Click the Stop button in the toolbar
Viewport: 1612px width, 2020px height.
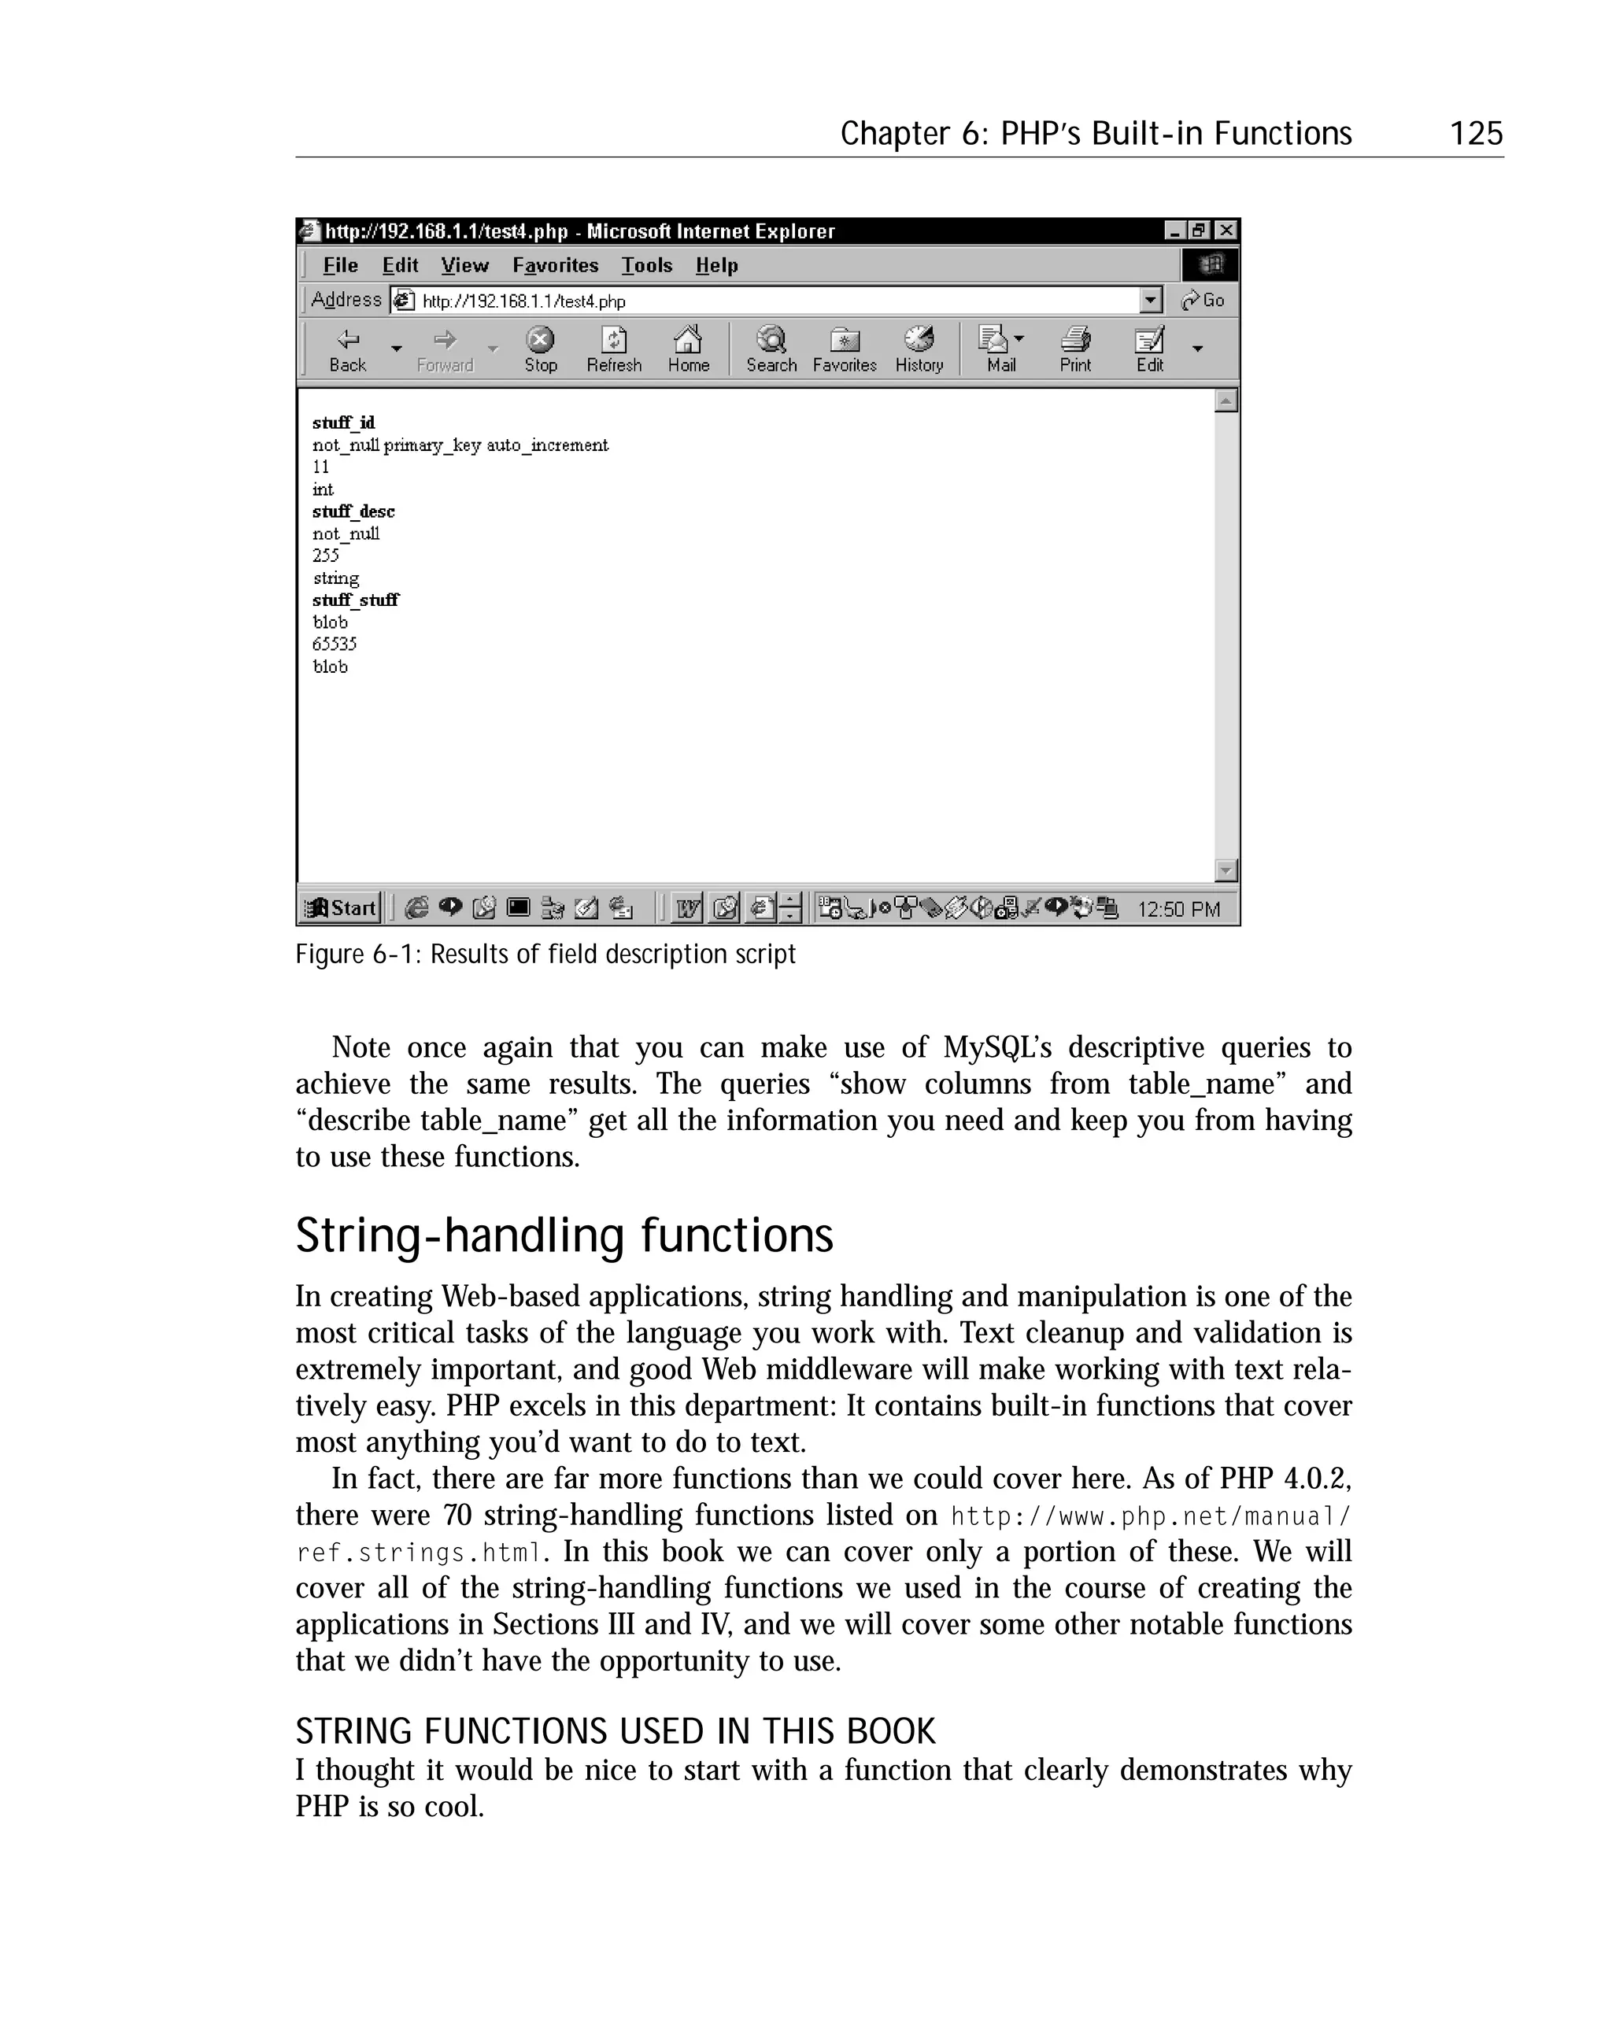540,349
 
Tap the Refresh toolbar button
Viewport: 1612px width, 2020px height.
614,349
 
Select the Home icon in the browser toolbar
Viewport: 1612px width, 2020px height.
688,349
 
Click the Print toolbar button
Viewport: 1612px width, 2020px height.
1075,349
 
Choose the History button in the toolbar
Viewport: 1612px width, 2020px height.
919,349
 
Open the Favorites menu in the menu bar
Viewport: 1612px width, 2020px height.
555,265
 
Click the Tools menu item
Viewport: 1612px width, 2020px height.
647,265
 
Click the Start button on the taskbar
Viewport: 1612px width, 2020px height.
341,907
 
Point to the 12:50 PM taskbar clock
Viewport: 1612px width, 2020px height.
1178,909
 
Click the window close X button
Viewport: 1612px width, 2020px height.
1226,231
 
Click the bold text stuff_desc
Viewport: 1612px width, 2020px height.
353,511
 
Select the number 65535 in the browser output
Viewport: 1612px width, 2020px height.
335,644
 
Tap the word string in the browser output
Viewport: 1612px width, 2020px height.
335,578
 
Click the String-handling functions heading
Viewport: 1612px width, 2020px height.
564,1235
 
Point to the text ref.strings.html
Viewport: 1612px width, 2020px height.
419,1552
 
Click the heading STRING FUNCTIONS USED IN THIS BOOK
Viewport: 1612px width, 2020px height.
615,1730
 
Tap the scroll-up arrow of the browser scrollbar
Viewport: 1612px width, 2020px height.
1225,401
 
